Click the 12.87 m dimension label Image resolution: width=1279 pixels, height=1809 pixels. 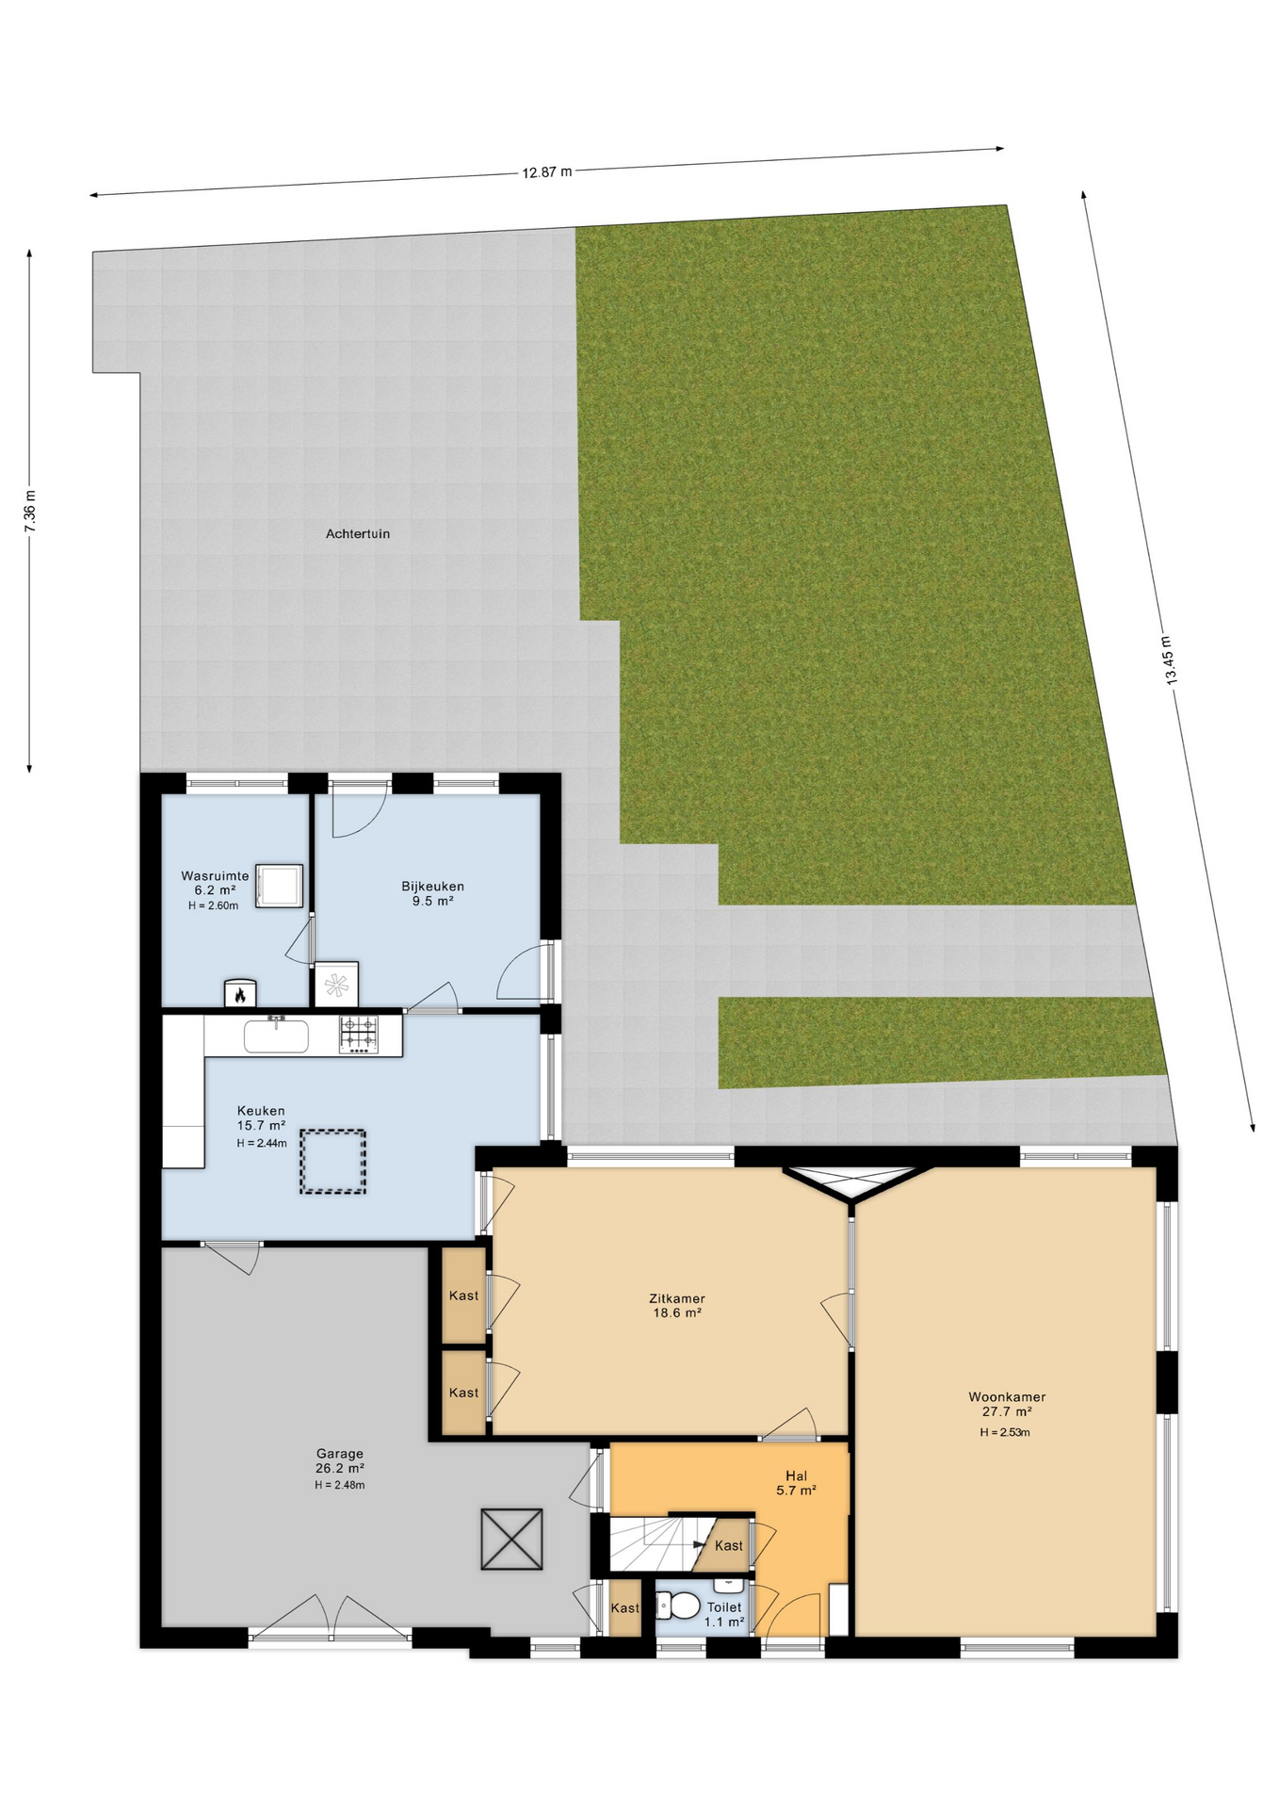[547, 172]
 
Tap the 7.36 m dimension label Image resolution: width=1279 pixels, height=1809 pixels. [30, 512]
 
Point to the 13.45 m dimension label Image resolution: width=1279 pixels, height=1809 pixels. [1170, 660]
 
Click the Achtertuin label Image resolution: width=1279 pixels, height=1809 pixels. [358, 534]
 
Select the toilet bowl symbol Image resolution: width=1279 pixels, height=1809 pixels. [680, 1604]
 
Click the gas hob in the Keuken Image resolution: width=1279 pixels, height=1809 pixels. [359, 1035]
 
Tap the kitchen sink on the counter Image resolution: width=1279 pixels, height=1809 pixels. [276, 1036]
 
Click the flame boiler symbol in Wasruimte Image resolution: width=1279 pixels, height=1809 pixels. [240, 993]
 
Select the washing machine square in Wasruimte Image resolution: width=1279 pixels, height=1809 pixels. [279, 886]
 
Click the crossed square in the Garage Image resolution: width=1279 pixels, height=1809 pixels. [511, 1540]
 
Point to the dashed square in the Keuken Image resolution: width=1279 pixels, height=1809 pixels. [332, 1162]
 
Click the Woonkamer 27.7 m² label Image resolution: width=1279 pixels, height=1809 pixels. [1007, 1405]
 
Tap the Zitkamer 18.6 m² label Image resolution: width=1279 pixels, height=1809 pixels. [677, 1305]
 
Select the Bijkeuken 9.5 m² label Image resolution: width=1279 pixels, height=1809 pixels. [432, 893]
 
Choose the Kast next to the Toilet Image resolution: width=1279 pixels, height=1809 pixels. [624, 1608]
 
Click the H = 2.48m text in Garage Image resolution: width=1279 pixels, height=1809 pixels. [340, 1485]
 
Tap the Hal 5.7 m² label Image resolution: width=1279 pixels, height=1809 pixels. [796, 1483]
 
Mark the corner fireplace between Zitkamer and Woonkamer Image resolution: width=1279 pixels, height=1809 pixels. [851, 1182]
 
